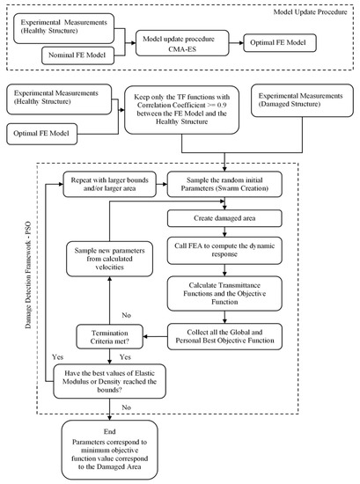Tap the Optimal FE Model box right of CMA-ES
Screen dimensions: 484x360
(287, 40)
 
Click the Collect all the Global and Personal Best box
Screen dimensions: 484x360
(231, 336)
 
